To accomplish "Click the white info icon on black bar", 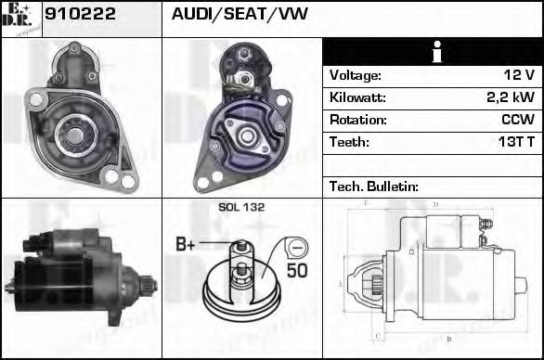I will [x=433, y=52].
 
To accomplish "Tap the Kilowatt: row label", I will [x=356, y=97].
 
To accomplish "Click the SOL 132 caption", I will [x=241, y=208].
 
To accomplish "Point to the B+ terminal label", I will [x=186, y=245].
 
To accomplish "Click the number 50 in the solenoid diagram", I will [x=296, y=271].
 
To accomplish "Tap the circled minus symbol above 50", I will [x=296, y=248].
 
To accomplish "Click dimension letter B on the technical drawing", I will [x=448, y=340].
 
